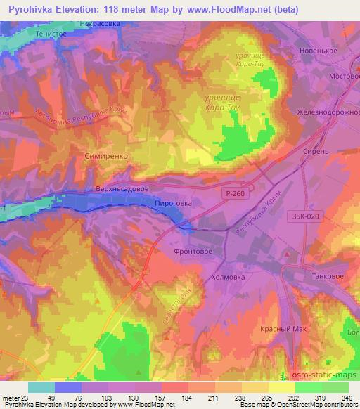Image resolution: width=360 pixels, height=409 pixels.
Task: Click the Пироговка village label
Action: [x=173, y=202]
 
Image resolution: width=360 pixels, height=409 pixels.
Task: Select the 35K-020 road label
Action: [x=307, y=217]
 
